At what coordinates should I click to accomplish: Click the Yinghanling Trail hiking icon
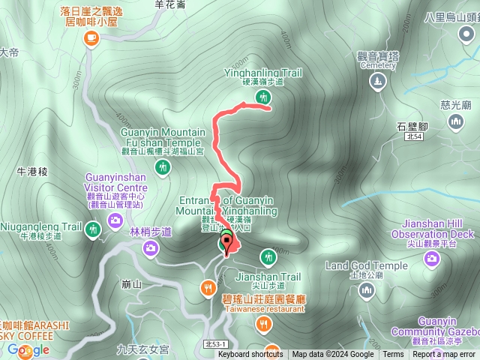[x=262, y=96]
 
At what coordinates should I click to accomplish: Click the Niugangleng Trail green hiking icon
[x=93, y=228]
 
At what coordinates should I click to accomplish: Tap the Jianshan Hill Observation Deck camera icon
[x=432, y=259]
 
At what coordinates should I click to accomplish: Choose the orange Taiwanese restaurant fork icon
[x=263, y=323]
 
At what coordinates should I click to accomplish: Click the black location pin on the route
[x=226, y=242]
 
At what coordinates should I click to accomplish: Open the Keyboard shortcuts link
[x=250, y=355]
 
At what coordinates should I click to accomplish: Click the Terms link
[x=393, y=355]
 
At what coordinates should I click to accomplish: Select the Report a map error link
[x=443, y=355]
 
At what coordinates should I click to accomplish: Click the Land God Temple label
[x=367, y=265]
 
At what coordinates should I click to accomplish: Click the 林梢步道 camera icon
[x=150, y=250]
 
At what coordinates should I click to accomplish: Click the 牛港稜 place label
[x=32, y=172]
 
